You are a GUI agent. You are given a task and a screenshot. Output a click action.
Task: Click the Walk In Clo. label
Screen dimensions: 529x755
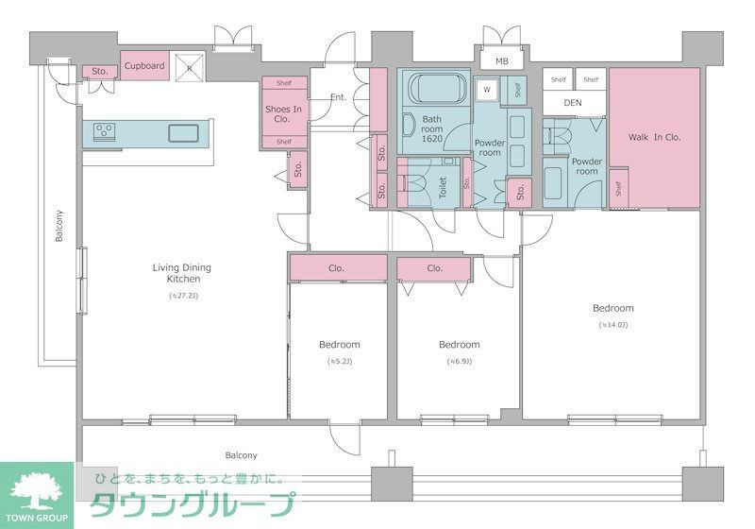click(654, 137)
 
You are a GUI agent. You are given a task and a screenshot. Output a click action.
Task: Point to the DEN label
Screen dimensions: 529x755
click(574, 102)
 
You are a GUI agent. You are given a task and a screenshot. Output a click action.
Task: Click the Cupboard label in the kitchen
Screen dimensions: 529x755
click(144, 66)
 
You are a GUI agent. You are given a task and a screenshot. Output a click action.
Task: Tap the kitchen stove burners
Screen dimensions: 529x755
click(103, 131)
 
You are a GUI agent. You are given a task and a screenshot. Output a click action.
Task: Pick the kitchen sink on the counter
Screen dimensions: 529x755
click(183, 132)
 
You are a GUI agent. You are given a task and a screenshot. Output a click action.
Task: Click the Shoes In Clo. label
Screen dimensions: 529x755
click(283, 114)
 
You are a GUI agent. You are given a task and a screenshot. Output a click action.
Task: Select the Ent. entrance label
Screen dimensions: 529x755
click(339, 97)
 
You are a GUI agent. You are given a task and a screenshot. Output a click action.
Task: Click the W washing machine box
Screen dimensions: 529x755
click(487, 90)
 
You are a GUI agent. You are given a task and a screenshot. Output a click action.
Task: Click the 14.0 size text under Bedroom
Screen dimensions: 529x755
click(612, 325)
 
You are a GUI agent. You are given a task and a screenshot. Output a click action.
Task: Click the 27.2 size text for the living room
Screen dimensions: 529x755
click(183, 297)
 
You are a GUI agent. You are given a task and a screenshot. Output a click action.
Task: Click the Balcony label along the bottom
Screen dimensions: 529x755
click(241, 455)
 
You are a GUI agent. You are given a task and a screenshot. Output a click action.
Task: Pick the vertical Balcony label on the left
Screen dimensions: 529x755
click(59, 226)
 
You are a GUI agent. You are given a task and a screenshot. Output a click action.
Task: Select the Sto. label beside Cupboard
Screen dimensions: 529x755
click(97, 72)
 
